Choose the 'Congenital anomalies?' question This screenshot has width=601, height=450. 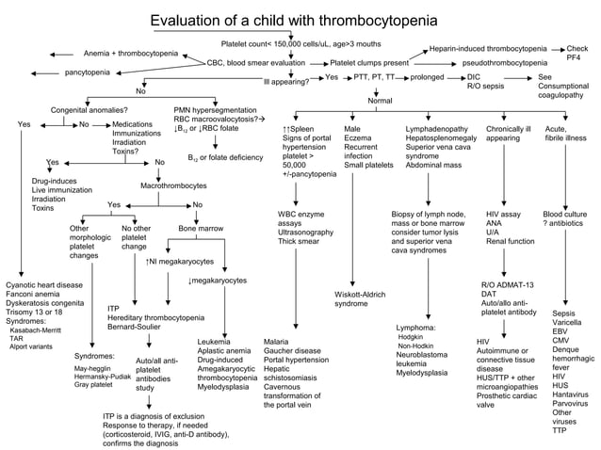(89, 109)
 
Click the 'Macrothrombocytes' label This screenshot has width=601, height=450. (172, 187)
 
